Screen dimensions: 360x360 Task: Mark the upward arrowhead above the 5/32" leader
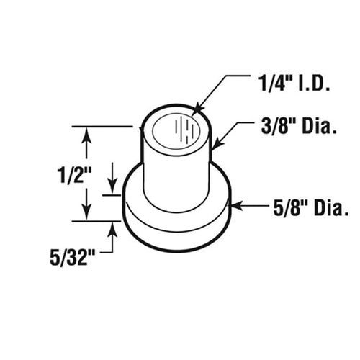click(113, 229)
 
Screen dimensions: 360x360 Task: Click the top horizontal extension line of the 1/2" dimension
click(101, 127)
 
